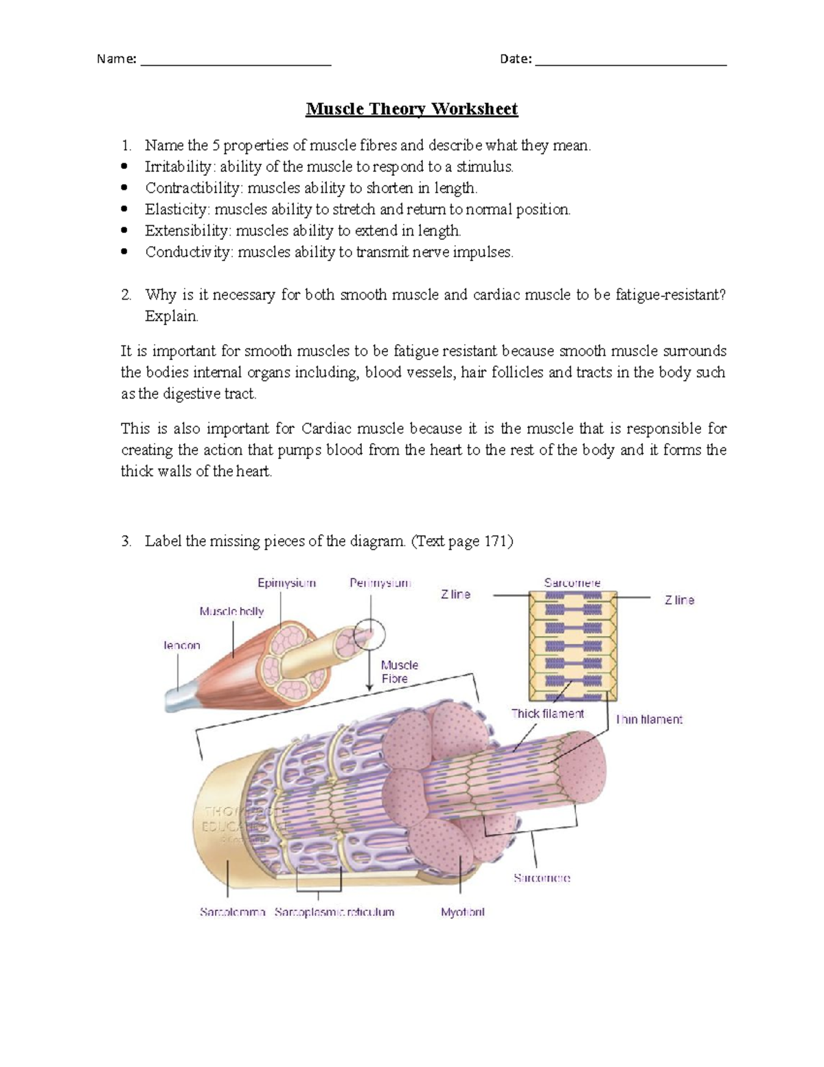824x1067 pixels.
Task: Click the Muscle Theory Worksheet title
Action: coord(411,109)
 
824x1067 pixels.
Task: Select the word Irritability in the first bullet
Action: coord(179,167)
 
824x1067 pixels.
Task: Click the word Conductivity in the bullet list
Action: coord(188,252)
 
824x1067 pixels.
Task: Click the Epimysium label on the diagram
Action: coord(286,583)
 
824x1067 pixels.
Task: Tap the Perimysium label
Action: coord(380,583)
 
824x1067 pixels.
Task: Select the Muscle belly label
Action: coord(231,611)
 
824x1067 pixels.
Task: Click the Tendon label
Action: coord(182,646)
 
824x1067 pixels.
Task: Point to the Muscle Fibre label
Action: coord(399,672)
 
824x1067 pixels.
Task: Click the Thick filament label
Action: coord(547,714)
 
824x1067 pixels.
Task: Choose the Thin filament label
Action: coord(649,720)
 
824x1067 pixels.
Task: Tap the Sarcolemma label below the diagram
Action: coord(232,912)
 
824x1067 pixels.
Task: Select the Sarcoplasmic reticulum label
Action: coord(334,912)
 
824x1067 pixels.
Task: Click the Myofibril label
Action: coord(462,912)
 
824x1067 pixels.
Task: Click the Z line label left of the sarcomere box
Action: coord(455,594)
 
